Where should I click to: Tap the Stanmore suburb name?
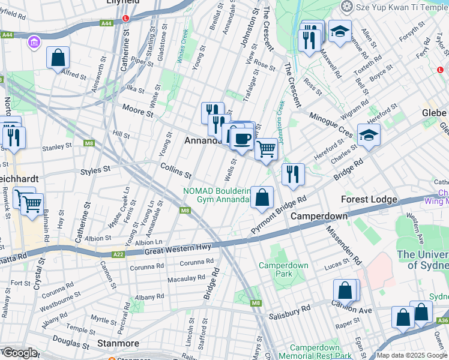coord(118,344)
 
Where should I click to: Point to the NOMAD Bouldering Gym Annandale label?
coord(217,196)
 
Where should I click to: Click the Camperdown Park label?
coord(283,269)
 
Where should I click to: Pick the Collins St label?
coord(175,171)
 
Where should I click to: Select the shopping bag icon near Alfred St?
coord(58,58)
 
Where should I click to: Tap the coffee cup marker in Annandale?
coord(242,139)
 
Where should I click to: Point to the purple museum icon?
coord(34,42)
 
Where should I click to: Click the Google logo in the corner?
coord(19,353)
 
